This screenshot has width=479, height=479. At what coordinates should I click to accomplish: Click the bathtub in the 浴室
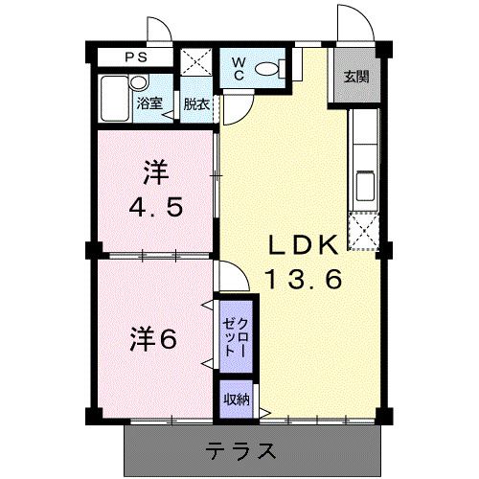[116, 99]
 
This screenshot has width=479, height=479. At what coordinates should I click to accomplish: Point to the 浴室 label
[148, 103]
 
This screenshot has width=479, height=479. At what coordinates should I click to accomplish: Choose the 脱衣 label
[196, 103]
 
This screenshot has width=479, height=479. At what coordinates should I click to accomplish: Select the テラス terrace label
[244, 449]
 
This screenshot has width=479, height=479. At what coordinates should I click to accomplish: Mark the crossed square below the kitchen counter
[365, 231]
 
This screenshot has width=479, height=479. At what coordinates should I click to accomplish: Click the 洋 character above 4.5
[156, 172]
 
